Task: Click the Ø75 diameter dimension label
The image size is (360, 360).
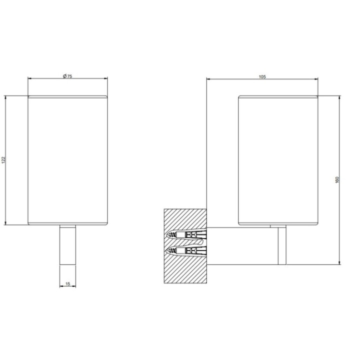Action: point(67,76)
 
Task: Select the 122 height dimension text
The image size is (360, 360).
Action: point(4,159)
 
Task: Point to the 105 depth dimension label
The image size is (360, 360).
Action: point(262,76)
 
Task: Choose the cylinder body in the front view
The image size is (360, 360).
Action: point(67,160)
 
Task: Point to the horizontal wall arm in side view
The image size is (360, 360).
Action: point(240,245)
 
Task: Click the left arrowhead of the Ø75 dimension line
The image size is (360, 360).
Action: point(29,79)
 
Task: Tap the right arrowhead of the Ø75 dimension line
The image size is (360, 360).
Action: point(106,79)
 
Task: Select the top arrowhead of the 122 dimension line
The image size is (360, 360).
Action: point(6,96)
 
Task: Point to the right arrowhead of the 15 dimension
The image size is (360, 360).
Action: point(75,286)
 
